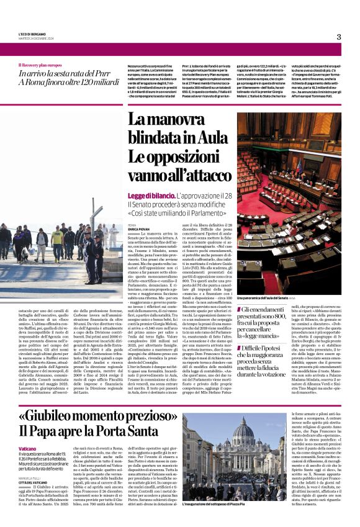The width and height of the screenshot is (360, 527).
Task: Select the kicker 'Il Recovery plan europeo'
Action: [40, 65]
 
